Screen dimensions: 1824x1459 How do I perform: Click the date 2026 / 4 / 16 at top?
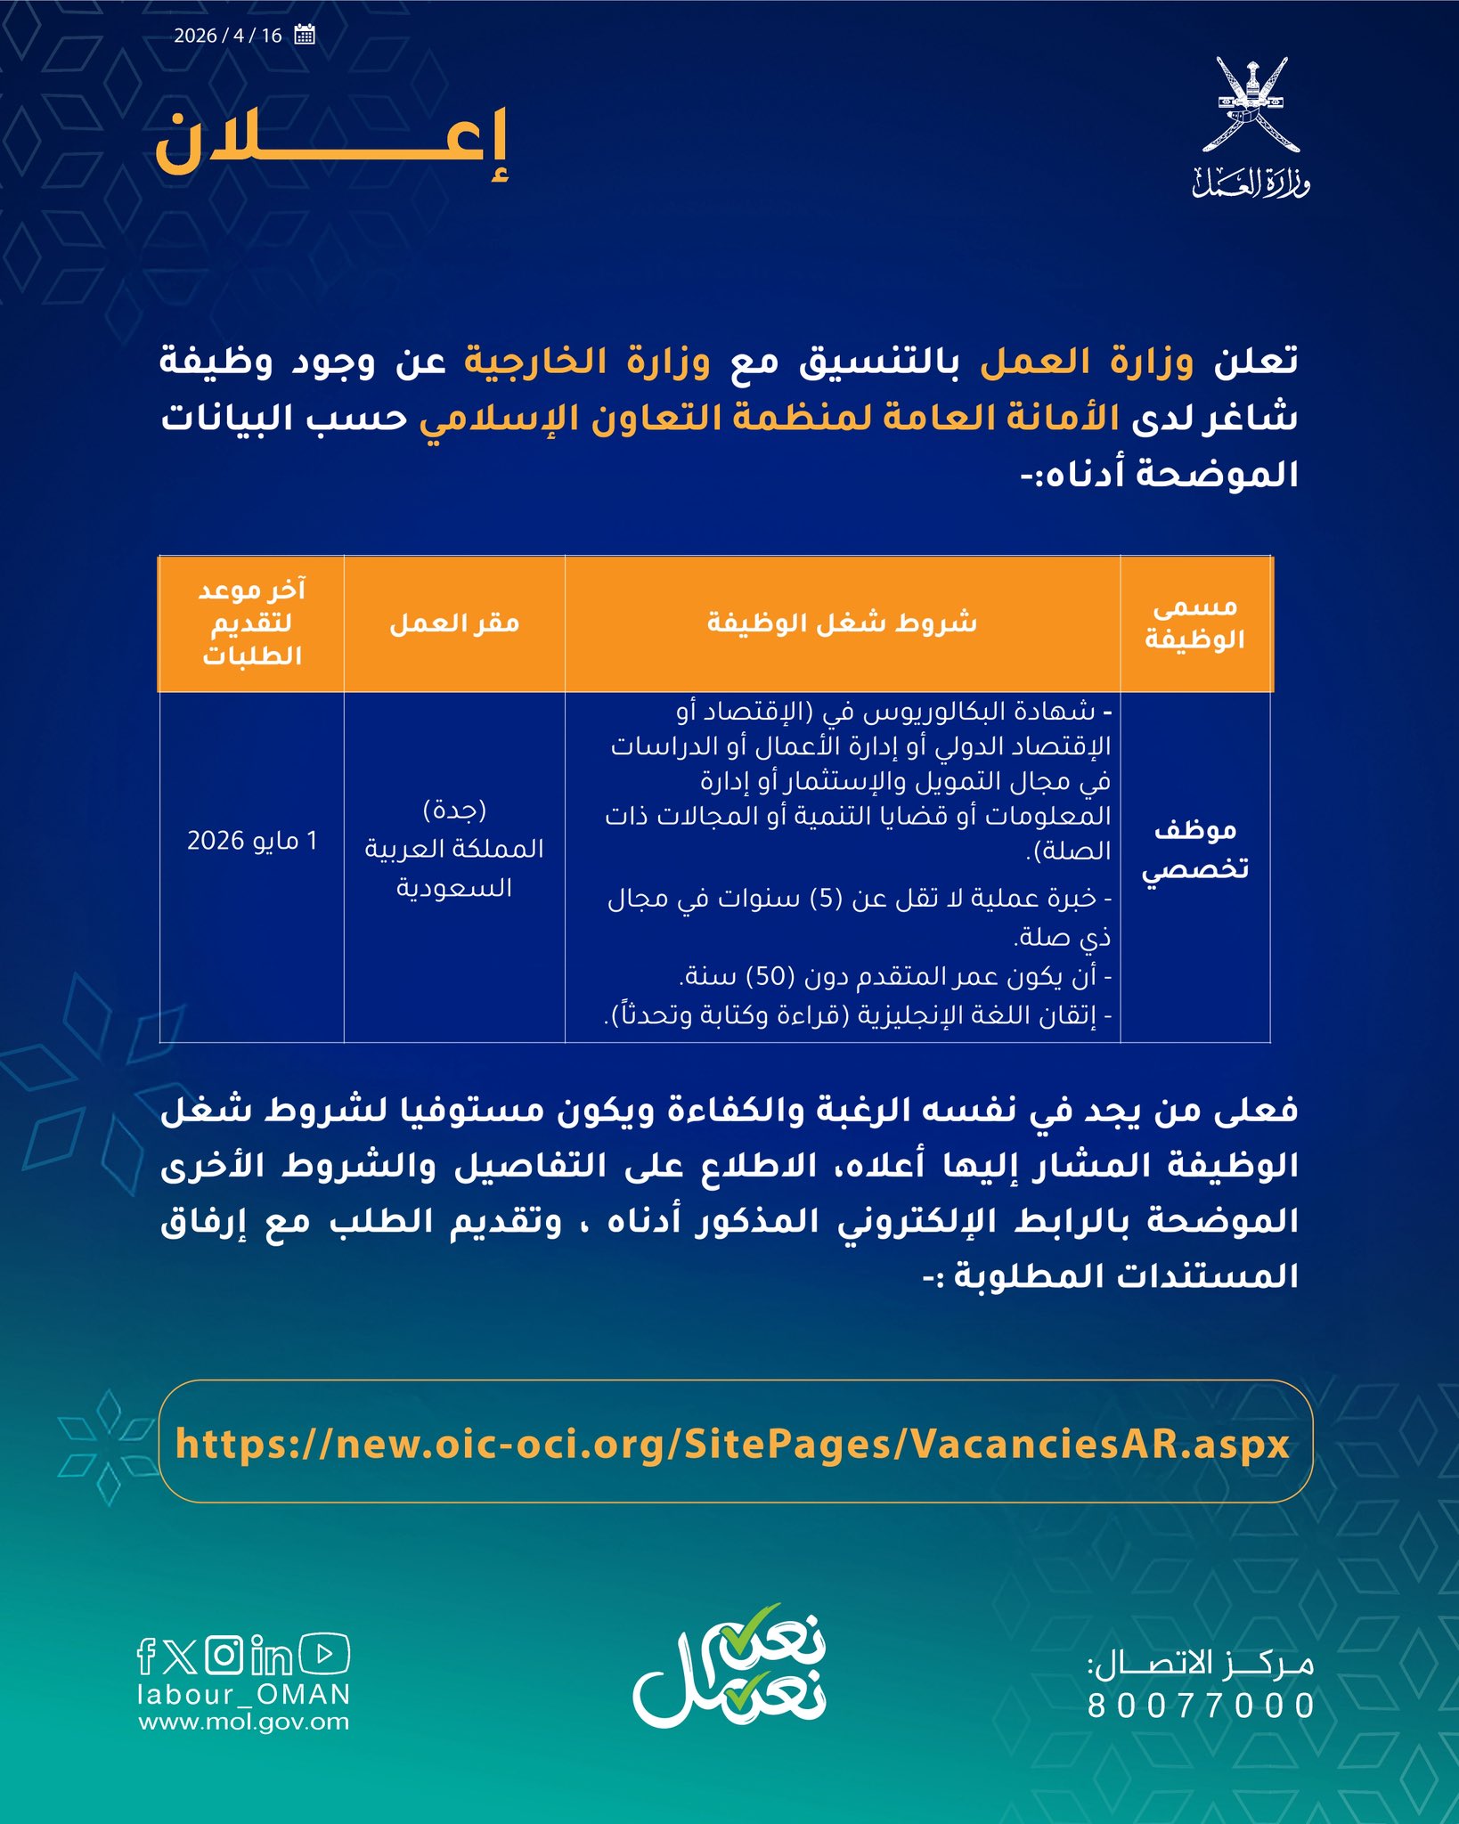click(228, 36)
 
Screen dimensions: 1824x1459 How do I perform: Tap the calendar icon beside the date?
click(305, 36)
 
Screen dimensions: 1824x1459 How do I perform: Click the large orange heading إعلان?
click(331, 142)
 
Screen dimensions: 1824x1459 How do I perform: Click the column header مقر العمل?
click(454, 623)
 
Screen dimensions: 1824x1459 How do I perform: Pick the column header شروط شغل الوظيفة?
click(842, 623)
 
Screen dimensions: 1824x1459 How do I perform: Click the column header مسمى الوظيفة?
click(1194, 623)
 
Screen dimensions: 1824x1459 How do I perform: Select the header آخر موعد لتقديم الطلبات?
click(251, 623)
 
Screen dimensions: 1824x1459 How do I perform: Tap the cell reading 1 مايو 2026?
click(251, 841)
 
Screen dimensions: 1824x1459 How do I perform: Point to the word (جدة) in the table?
click(454, 810)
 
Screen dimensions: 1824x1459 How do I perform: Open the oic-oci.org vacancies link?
click(732, 1444)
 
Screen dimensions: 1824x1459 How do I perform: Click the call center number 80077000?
click(1201, 1706)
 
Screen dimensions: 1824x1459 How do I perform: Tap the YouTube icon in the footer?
click(324, 1654)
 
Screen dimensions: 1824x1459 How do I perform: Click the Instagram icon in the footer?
click(224, 1655)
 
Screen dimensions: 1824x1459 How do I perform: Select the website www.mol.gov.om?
click(243, 1722)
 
